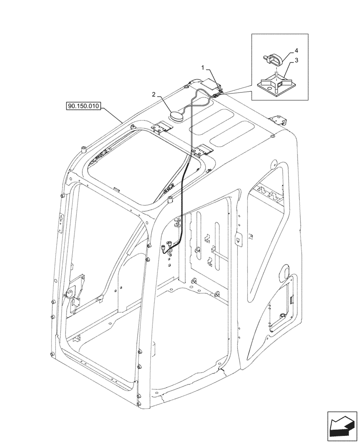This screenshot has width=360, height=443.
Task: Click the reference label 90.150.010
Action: coord(84,106)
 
